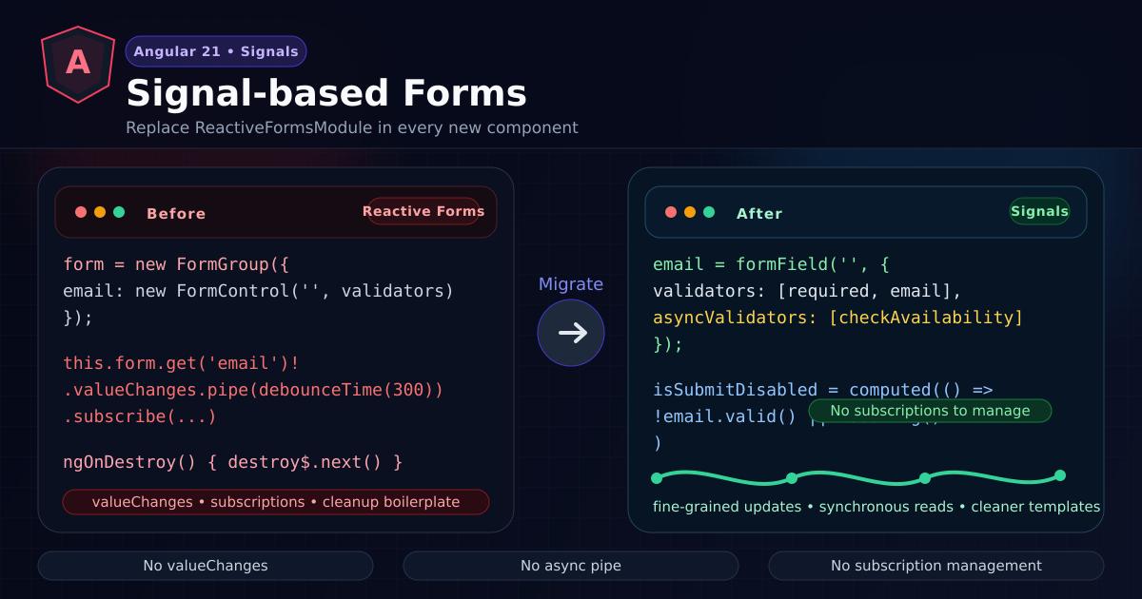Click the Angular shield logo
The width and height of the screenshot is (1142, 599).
78,64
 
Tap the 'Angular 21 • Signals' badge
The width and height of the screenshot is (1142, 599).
216,51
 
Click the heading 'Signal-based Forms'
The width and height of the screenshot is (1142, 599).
326,93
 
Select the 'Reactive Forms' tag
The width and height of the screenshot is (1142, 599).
423,211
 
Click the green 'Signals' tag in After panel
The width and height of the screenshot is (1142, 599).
1039,211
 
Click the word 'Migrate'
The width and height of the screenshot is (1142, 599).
571,284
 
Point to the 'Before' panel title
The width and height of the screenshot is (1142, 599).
176,214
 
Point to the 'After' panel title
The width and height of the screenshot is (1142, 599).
759,214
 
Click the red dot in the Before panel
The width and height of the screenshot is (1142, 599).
81,212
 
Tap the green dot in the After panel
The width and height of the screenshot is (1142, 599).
709,212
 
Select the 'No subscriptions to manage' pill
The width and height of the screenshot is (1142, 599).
930,411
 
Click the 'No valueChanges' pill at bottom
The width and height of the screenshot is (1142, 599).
206,566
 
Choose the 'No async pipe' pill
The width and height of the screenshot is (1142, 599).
571,566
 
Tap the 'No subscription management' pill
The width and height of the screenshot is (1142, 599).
936,566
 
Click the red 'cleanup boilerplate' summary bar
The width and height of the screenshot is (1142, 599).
276,502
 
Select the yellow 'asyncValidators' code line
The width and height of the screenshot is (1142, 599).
837,318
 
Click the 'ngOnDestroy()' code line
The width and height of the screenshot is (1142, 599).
233,462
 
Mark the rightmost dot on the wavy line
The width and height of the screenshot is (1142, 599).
1060,475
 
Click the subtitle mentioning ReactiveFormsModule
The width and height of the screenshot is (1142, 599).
352,127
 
